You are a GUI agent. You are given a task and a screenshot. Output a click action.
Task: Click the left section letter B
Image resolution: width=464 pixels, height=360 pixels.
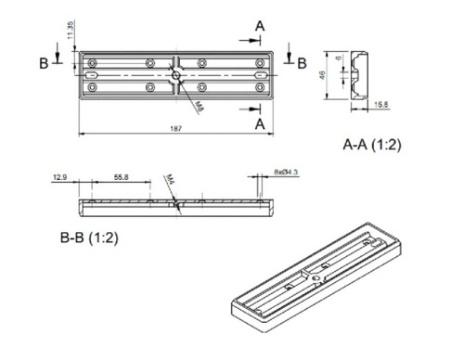[x=44, y=63]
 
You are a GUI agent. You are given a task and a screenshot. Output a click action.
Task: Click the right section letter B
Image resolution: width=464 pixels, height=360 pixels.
[x=302, y=63]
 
